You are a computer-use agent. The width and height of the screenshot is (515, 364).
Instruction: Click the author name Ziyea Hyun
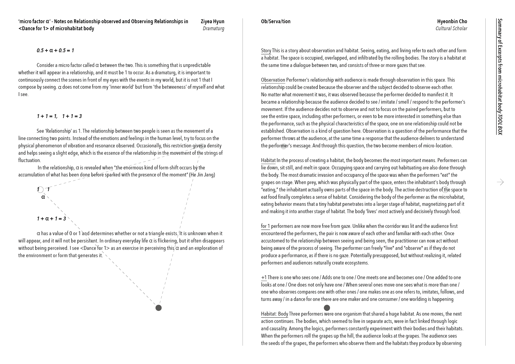coord(212,21)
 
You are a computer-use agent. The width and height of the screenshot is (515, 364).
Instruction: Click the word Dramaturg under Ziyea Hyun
coord(213,28)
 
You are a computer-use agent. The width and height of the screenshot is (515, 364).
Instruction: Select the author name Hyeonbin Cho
coord(452,21)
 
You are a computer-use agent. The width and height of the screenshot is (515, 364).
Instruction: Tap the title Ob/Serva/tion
coord(275,21)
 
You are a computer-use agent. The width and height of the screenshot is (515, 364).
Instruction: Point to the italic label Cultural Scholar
coord(451,28)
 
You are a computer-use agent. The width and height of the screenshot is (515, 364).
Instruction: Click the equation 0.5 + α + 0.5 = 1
coord(55,50)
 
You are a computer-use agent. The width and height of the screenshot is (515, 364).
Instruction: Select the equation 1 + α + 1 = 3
coord(51,219)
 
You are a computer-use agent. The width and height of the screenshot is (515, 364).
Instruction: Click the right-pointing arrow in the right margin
coord(500,182)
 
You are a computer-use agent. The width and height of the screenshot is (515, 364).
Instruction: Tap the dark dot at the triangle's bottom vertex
coord(159,308)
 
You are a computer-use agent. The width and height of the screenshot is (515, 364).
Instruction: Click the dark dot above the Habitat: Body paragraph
coord(327,308)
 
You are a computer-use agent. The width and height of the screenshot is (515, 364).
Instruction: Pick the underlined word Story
coord(266,50)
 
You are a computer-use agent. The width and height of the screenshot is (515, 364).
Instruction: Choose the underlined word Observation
coord(273,80)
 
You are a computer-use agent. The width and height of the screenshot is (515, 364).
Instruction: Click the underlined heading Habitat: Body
coord(275,314)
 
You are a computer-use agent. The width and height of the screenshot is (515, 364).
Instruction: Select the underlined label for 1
coord(265,226)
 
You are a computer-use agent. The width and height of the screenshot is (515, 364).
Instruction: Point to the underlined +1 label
coord(264,277)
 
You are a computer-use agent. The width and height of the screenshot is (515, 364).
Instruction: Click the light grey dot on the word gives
coord(202,146)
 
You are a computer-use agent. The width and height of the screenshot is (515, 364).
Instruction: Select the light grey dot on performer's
coord(283,146)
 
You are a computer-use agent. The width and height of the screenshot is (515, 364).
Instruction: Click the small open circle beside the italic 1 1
coord(41,190)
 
